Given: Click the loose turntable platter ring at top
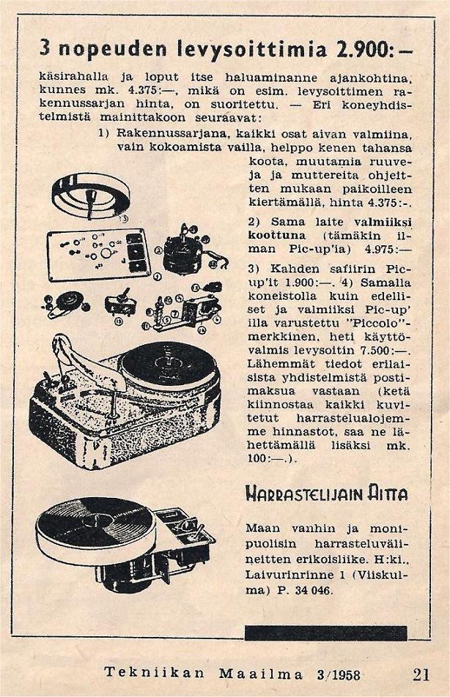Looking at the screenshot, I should pos(86,194).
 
